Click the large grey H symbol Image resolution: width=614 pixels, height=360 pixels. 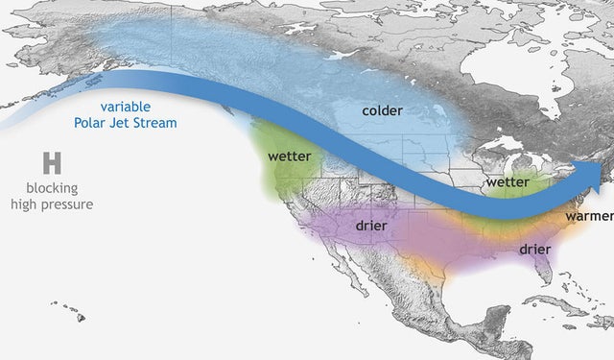[x=52, y=163]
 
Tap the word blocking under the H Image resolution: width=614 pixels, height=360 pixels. [x=52, y=188]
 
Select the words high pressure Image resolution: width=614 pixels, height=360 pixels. [x=52, y=204]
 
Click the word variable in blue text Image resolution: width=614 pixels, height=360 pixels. [x=125, y=107]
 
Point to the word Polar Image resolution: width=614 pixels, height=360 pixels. [x=92, y=123]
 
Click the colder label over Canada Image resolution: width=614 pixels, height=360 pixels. [x=382, y=110]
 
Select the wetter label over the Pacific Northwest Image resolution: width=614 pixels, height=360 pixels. [x=288, y=156]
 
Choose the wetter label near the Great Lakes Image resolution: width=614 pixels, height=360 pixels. [x=508, y=181]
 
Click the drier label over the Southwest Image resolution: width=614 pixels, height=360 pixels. [x=370, y=225]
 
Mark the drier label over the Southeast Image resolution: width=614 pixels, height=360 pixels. [x=534, y=249]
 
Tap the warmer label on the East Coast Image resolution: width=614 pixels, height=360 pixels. [x=587, y=216]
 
